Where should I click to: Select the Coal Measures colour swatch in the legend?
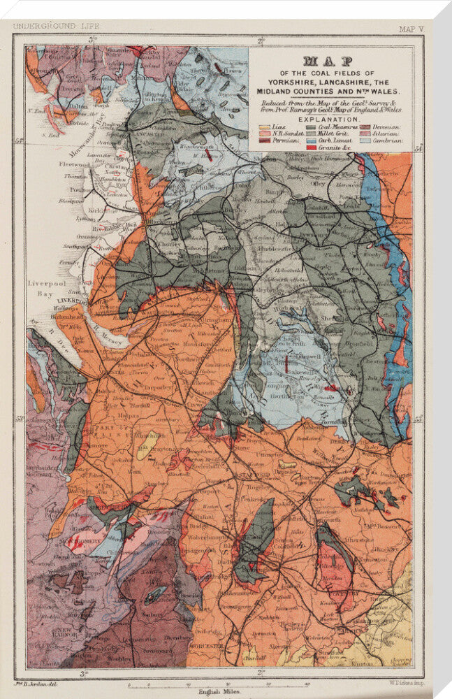[x=311, y=127]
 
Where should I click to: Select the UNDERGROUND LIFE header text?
[x=57, y=26]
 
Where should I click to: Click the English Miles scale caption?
[x=219, y=691]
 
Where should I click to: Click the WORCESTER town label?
[x=205, y=646]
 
